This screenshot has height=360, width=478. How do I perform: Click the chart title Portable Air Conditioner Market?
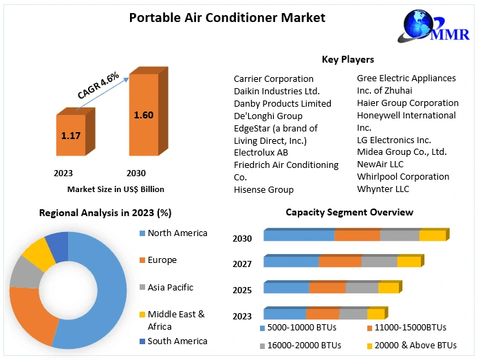pyautogui.click(x=228, y=17)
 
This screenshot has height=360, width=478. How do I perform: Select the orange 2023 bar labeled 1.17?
pyautogui.click(x=71, y=136)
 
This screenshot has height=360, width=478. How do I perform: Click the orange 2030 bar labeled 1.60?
pyautogui.click(x=143, y=114)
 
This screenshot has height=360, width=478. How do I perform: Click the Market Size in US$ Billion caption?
pyautogui.click(x=116, y=189)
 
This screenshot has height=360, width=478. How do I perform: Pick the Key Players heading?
pyautogui.click(x=348, y=59)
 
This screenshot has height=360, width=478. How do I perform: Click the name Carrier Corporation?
pyautogui.click(x=274, y=78)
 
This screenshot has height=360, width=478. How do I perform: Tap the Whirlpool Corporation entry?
pyautogui.click(x=403, y=176)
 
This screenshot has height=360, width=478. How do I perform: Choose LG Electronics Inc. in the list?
pyautogui.click(x=394, y=140)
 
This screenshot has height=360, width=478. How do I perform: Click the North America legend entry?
pyautogui.click(x=177, y=233)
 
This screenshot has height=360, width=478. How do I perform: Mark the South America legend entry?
pyautogui.click(x=177, y=341)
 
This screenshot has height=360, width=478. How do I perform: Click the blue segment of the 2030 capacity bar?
pyautogui.click(x=298, y=236)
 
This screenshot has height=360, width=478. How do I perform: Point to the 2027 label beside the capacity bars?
pyautogui.click(x=242, y=264)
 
